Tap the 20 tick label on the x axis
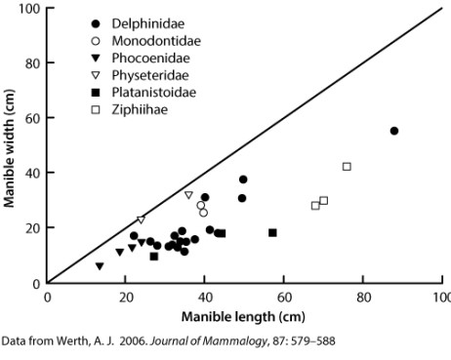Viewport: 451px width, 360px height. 125,298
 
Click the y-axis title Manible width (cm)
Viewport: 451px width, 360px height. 10,146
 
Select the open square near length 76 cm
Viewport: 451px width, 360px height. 347,167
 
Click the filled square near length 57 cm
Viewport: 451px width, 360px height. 272,232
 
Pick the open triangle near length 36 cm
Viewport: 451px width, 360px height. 188,195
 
